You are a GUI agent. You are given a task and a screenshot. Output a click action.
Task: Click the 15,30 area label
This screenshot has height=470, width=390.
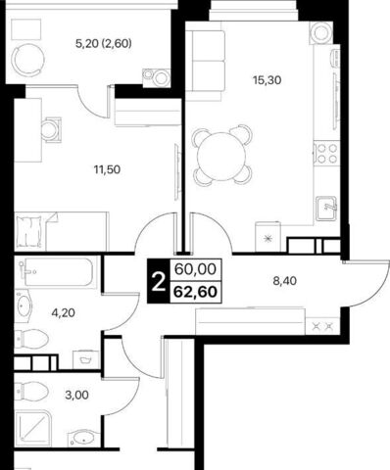pyautogui.click(x=268, y=80)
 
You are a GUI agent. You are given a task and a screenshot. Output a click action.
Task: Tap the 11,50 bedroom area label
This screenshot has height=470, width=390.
pyautogui.click(x=107, y=169)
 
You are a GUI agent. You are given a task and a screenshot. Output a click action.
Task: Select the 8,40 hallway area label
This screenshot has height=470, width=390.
pyautogui.click(x=285, y=281)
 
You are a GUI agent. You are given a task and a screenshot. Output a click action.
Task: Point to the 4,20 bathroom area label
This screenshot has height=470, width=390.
pyautogui.click(x=64, y=313)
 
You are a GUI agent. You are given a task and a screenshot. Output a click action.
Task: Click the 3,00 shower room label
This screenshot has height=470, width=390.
pyautogui.click(x=76, y=396)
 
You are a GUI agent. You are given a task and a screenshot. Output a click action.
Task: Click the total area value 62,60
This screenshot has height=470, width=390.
pyautogui.click(x=195, y=292)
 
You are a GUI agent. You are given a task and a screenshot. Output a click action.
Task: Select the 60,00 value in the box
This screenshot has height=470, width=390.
pyautogui.click(x=195, y=269)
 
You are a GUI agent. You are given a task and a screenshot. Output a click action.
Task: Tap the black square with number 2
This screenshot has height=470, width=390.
pyautogui.click(x=159, y=281)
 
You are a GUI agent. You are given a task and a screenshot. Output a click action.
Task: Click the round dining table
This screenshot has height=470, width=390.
pyautogui.click(x=221, y=156)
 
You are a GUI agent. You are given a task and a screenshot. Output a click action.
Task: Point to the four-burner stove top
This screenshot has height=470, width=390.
pyautogui.click(x=326, y=153)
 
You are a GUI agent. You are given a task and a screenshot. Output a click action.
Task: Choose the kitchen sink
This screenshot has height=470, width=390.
pyautogui.click(x=326, y=209)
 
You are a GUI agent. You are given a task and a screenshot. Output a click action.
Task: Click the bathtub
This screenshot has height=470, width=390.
pyautogui.click(x=57, y=272)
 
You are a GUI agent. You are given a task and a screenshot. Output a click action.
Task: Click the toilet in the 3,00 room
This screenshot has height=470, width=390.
pyautogui.click(x=31, y=391)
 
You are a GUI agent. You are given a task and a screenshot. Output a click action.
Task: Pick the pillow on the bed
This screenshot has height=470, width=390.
pyautogui.click(x=29, y=231)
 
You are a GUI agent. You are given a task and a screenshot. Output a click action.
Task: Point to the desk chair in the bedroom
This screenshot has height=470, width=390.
pyautogui.click(x=51, y=130)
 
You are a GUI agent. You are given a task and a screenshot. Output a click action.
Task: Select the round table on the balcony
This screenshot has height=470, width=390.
pyautogui.click(x=28, y=59)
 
